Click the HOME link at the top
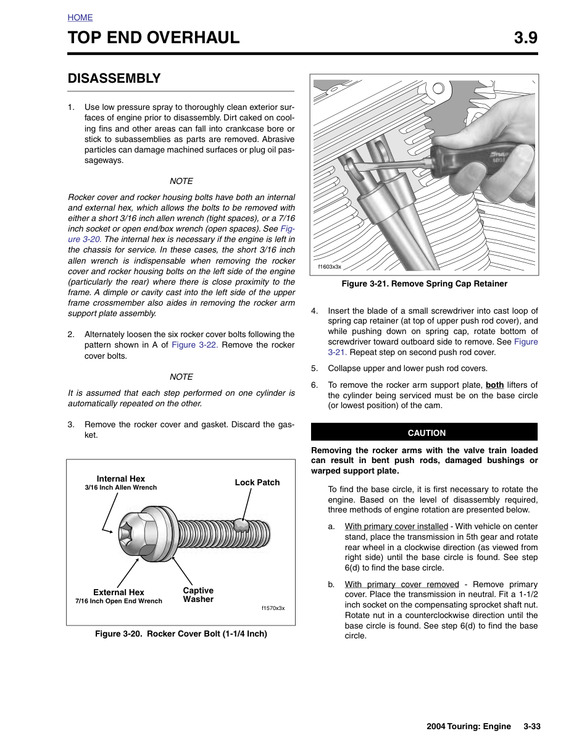pos(80,17)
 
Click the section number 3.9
pos(525,38)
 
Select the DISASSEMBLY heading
pos(114,78)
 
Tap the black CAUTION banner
pos(424,432)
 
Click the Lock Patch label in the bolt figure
pos(257,482)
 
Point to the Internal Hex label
pos(120,479)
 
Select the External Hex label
pos(119,592)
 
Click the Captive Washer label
pos(198,595)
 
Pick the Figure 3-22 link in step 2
pos(194,345)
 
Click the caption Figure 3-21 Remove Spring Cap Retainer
pos(424,284)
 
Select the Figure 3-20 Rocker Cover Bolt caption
pos(181,633)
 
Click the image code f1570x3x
pos(273,608)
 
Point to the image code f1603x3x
pos(330,267)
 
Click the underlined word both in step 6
pos(494,385)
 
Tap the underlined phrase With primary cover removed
pos(402,585)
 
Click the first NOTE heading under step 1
pos(181,181)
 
